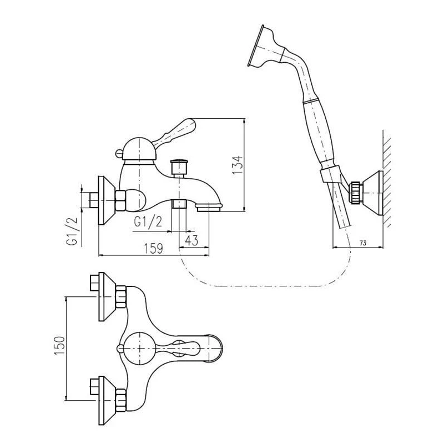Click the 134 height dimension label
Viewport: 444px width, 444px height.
(x=237, y=165)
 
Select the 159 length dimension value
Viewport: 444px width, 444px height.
(x=153, y=249)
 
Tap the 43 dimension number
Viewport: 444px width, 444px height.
(x=191, y=240)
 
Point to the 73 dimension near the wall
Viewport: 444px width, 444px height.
(x=363, y=243)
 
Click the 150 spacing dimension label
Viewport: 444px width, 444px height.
(x=59, y=345)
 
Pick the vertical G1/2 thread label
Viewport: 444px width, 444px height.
(x=72, y=231)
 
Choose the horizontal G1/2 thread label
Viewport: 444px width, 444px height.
(x=148, y=221)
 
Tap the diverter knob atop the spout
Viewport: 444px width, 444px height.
(x=179, y=167)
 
